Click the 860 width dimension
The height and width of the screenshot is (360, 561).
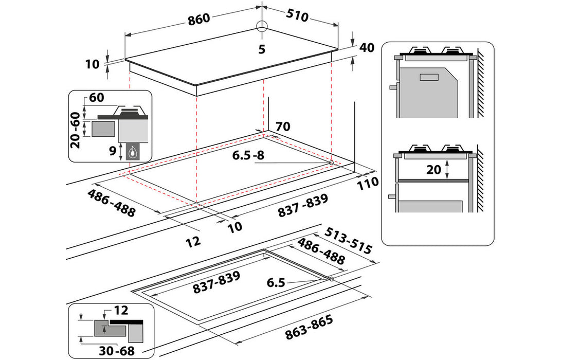pos(199,19)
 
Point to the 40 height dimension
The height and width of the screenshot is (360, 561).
pos(366,48)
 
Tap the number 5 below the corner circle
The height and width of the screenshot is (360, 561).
pos(261,49)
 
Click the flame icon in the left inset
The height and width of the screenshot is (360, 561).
pos(134,151)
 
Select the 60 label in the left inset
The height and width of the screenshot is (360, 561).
pos(97,98)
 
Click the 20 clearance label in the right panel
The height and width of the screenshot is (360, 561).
pos(434,169)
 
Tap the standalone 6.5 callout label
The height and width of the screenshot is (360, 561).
pos(276,282)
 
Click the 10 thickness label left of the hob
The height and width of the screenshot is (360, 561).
pos(92,64)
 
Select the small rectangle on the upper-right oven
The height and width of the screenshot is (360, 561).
pos(429,77)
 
